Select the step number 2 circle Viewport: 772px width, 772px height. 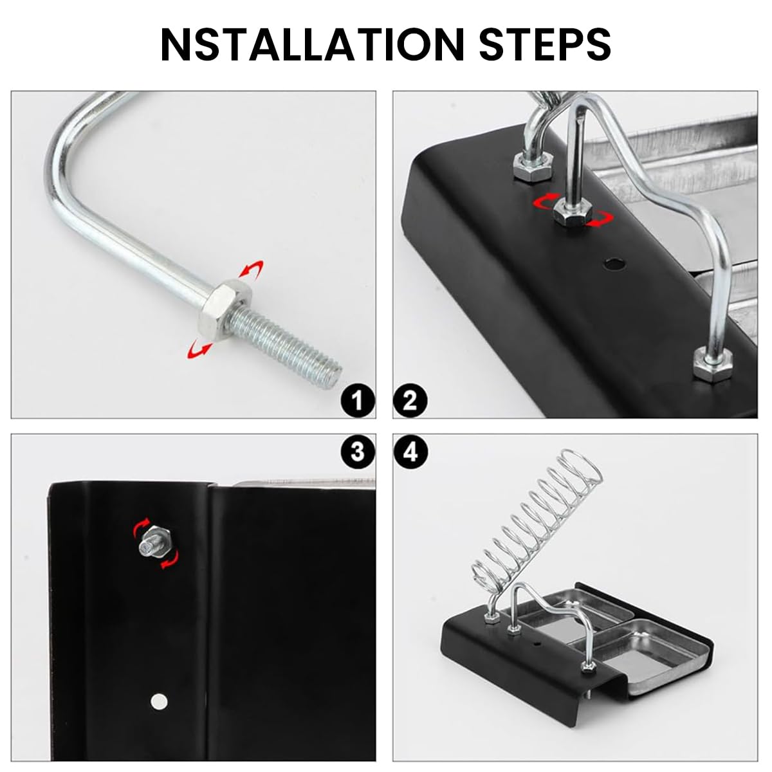tap(410, 401)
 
